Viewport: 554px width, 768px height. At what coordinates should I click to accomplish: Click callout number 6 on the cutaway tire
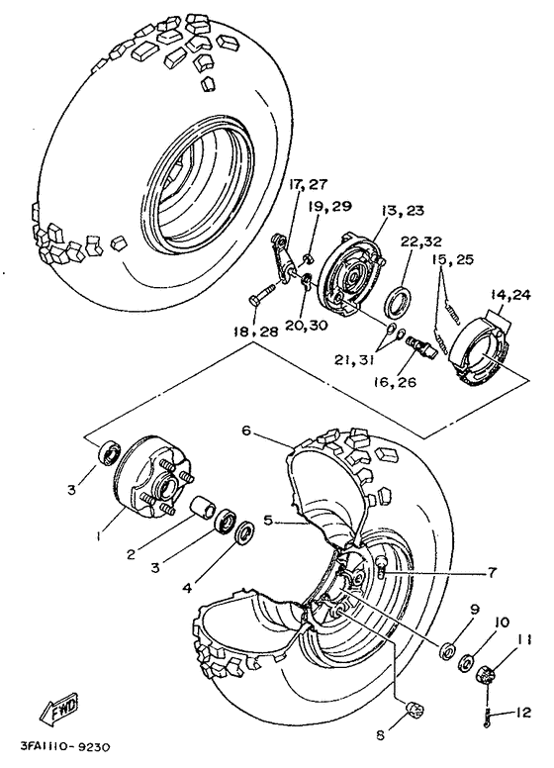coord(246,431)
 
